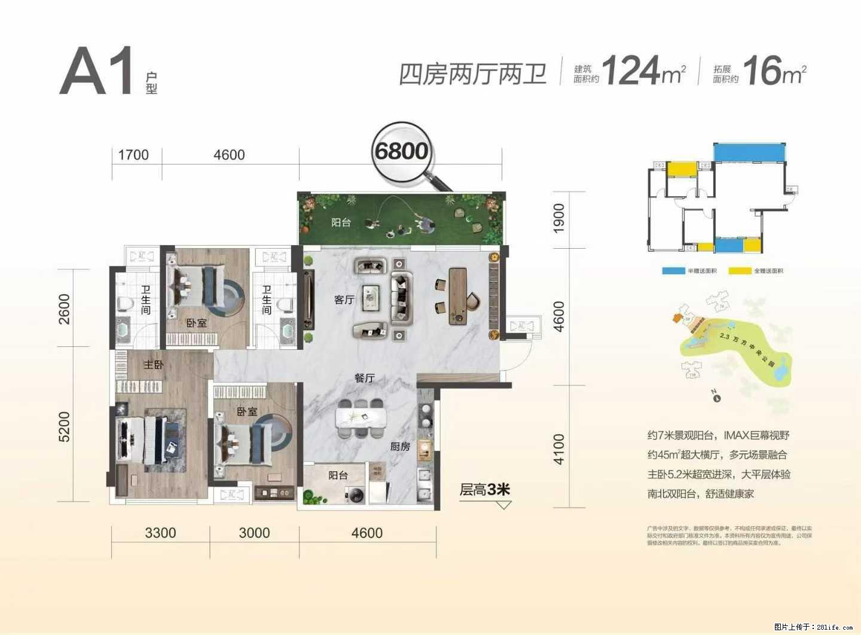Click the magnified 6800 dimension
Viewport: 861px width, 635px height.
(401, 151)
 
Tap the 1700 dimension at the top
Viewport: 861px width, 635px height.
(133, 155)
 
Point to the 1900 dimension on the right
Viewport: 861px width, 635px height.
(558, 218)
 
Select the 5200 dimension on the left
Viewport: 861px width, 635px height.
(64, 427)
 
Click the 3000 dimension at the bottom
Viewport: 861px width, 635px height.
(254, 533)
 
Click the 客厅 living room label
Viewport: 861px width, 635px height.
(344, 300)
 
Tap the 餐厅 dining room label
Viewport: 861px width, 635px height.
(364, 378)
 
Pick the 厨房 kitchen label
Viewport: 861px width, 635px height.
(400, 446)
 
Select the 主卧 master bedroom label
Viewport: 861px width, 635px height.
(153, 364)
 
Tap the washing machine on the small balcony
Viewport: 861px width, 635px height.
(355, 494)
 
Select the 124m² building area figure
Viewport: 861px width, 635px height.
(643, 71)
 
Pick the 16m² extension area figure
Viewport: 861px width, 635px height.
(774, 71)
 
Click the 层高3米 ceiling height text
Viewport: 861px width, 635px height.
(484, 490)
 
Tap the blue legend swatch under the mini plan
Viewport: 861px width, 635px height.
(673, 271)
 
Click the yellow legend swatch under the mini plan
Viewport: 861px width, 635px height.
(740, 271)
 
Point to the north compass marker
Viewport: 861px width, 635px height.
(716, 396)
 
